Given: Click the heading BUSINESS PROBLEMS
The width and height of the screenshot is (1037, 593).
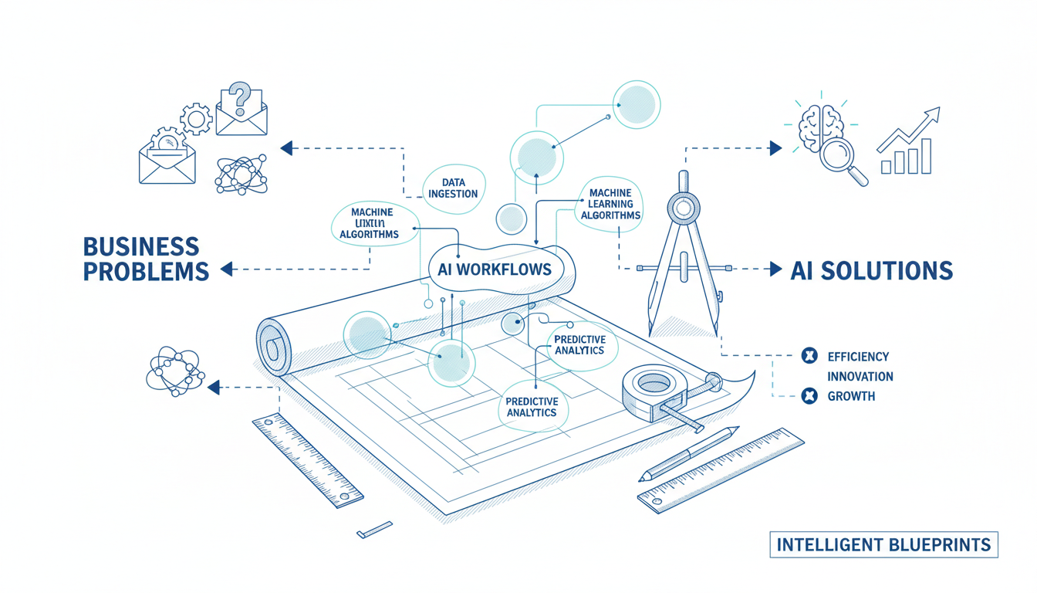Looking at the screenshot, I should [145, 259].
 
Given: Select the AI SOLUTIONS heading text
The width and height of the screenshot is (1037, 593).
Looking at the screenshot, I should [871, 270].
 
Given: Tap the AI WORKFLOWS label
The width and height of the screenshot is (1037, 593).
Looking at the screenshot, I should [494, 269].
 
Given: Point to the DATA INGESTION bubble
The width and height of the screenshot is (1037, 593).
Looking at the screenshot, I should [454, 188].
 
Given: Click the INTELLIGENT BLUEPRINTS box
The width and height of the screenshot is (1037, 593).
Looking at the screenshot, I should [883, 544].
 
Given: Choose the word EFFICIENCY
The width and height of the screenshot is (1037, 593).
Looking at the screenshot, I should [857, 357].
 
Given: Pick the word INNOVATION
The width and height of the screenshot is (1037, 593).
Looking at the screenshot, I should [860, 377].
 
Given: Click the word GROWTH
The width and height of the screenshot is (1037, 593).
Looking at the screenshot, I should [850, 396].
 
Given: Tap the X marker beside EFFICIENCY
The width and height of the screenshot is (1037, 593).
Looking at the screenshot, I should [809, 356].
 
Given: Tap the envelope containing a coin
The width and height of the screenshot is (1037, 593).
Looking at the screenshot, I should [167, 155].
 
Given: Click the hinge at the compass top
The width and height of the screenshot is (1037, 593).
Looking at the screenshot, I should [682, 207].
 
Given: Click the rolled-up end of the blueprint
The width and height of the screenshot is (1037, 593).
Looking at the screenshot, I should [272, 344].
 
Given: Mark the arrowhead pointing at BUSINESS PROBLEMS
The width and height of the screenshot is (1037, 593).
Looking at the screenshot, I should [226, 269].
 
